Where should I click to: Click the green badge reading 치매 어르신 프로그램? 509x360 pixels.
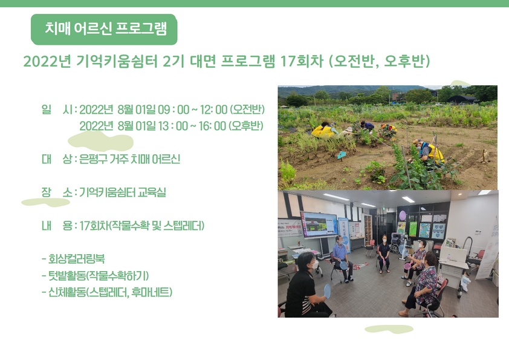[x=104, y=29]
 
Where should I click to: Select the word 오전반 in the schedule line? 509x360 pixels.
[x=248, y=110]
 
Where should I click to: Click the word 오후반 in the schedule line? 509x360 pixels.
[x=246, y=126]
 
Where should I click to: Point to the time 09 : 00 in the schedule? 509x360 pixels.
[x=173, y=110]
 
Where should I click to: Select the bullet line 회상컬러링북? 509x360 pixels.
[x=73, y=259]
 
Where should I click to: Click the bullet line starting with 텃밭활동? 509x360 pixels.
[x=96, y=276]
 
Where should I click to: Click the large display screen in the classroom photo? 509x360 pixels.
[x=319, y=224]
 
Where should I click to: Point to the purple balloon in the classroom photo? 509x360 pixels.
[x=403, y=215]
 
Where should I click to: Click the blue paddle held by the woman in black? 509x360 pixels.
[x=327, y=290]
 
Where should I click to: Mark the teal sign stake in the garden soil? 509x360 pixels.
[x=342, y=155]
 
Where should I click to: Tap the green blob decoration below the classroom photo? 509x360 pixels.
[x=389, y=329]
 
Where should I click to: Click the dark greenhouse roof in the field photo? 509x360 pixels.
[x=461, y=98]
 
